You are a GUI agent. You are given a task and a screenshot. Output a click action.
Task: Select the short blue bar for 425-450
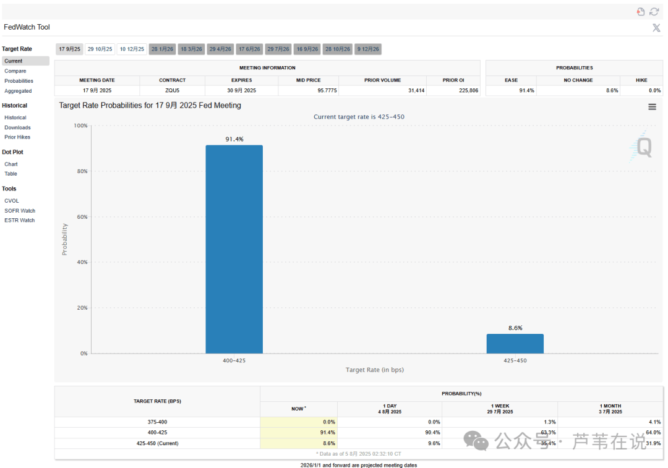point(515,344)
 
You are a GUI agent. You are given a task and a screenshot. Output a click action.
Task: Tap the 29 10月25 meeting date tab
point(100,49)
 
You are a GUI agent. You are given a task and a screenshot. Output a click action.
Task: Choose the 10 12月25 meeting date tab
point(132,49)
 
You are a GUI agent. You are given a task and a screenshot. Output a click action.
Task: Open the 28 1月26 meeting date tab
point(163,49)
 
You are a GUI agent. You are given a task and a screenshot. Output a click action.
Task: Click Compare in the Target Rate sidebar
point(15,71)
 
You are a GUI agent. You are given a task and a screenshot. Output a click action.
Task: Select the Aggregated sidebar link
point(18,91)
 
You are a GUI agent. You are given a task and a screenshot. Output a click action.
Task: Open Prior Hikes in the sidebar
point(17,137)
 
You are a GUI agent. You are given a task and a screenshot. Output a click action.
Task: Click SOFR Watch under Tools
point(20,211)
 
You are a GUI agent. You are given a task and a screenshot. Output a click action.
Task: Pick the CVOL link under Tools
point(12,201)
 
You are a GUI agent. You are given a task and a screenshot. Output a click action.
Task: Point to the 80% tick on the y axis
point(81,171)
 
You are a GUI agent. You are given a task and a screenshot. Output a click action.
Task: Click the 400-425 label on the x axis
point(234,360)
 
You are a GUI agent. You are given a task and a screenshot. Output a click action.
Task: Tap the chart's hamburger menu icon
point(652,106)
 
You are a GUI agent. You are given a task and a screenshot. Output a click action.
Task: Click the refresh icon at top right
point(654,12)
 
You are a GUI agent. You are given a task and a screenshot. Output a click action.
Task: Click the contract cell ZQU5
point(172,90)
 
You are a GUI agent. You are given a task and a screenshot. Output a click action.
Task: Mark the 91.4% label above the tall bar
point(234,139)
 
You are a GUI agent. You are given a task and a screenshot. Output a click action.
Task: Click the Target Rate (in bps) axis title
point(374,370)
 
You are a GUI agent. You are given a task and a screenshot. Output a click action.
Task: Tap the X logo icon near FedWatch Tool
point(656,27)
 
